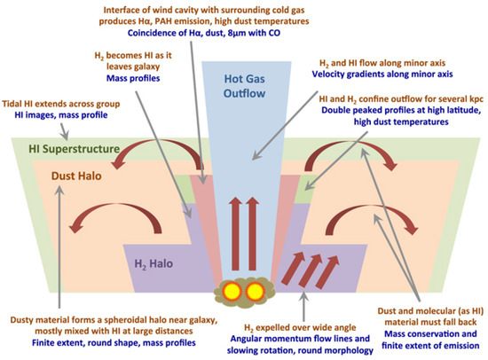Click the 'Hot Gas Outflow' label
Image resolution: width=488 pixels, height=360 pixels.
(x=243, y=85)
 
